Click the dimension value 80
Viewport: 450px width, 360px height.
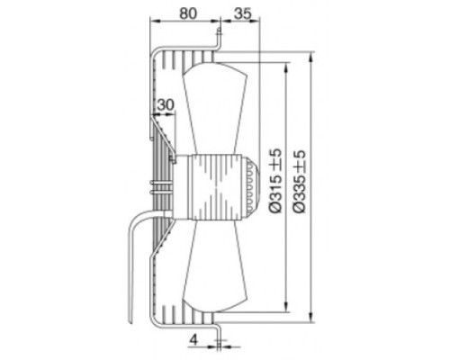coord(188,13)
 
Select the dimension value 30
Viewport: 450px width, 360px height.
coord(166,104)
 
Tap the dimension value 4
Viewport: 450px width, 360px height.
coord(194,340)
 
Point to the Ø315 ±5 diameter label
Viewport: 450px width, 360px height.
coord(275,181)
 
